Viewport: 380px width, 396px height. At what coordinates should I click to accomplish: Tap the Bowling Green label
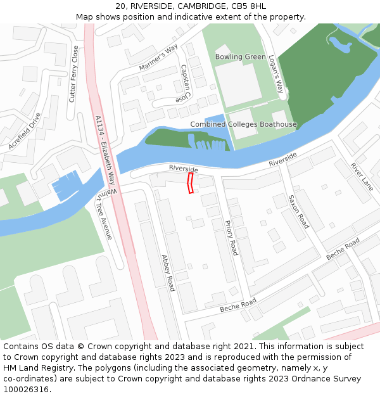pos(240,57)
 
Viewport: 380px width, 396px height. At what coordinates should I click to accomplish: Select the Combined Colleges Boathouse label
pos(243,124)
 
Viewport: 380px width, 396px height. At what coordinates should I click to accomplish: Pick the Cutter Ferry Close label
pos(73,74)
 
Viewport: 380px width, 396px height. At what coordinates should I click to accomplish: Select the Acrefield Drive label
pos(25,132)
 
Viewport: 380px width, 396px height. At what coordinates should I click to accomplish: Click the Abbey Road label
pos(168,273)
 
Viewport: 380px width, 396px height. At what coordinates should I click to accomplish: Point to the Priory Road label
pos(231,237)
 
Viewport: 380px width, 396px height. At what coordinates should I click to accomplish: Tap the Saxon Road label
pos(298,212)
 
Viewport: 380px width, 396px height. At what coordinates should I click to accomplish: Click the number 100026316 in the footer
pos(26,389)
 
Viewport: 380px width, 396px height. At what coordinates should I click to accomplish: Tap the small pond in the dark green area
pos(339,44)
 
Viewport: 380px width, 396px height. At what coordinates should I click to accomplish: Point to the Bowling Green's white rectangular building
pos(238,83)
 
